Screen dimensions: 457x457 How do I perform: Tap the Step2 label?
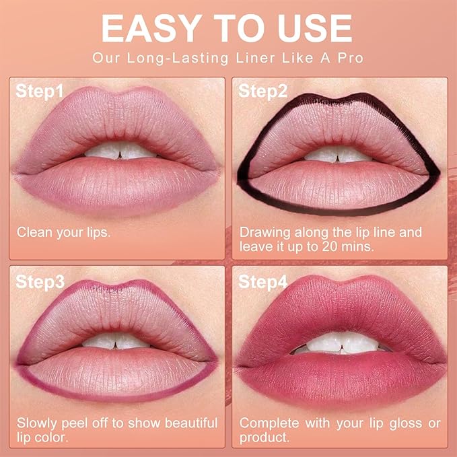(x=263, y=91)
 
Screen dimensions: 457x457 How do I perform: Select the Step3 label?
(x=40, y=281)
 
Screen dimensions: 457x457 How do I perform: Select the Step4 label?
(x=263, y=281)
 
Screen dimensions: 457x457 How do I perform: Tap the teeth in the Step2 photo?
(x=339, y=153)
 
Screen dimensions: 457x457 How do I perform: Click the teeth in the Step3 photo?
(x=118, y=342)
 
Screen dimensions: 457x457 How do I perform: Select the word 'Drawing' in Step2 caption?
(x=265, y=232)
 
